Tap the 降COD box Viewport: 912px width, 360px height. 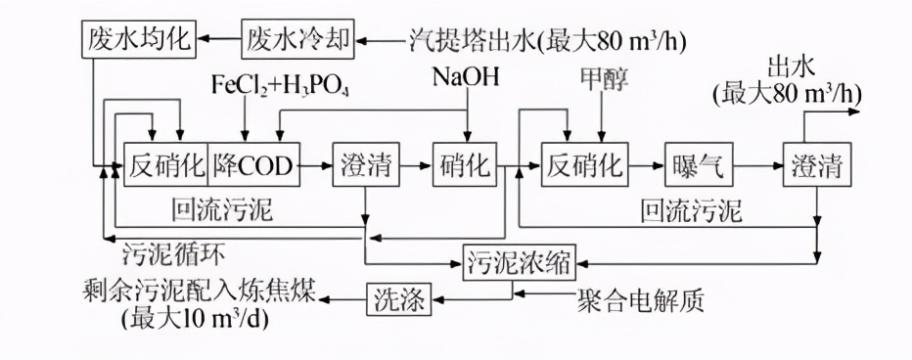click(252, 166)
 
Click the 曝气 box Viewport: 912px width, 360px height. click(699, 166)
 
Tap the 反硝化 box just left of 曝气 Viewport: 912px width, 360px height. click(583, 166)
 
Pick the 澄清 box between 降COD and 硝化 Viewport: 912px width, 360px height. click(365, 166)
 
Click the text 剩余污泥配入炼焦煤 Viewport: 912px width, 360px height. click(201, 292)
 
